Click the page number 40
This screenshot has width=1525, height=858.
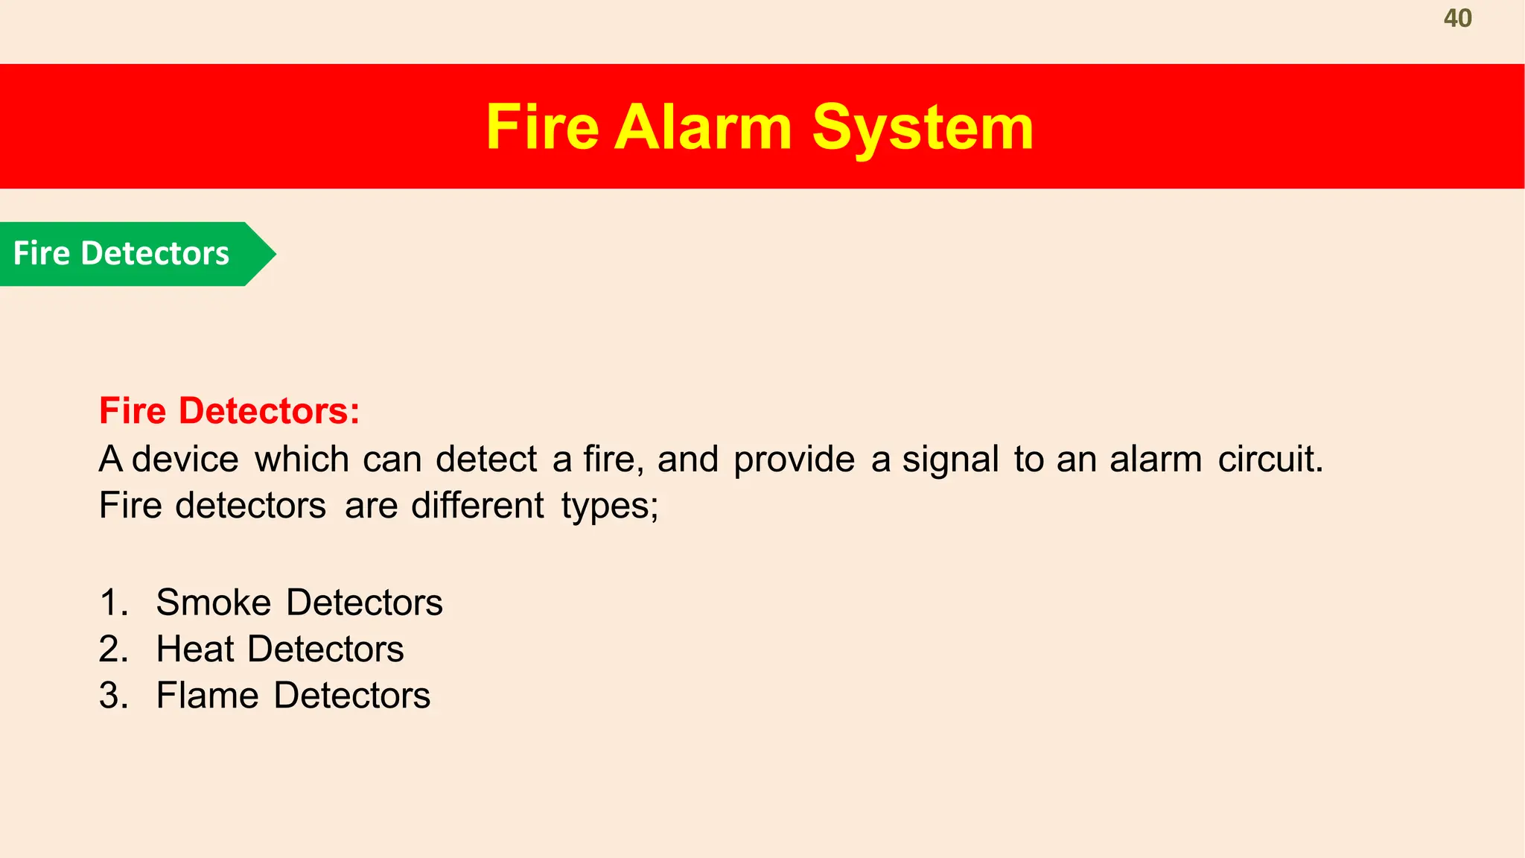click(1457, 19)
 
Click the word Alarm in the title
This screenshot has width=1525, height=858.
click(703, 127)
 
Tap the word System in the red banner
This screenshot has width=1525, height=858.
click(923, 127)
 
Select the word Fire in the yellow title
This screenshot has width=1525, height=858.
click(542, 127)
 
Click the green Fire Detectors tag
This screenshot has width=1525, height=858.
click(122, 254)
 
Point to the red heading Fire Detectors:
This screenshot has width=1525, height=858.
click(229, 411)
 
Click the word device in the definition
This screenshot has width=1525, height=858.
click(185, 459)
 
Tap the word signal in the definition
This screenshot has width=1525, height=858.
click(950, 459)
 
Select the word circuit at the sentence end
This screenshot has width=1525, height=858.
click(1270, 459)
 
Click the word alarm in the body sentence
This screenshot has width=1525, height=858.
click(1156, 459)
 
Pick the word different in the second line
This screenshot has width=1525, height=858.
click(477, 506)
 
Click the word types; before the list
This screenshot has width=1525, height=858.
click(610, 506)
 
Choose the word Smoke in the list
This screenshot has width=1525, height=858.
click(214, 602)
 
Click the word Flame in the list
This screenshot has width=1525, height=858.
click(208, 696)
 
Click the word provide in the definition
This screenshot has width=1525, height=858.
click(794, 459)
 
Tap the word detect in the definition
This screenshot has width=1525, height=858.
click(486, 459)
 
